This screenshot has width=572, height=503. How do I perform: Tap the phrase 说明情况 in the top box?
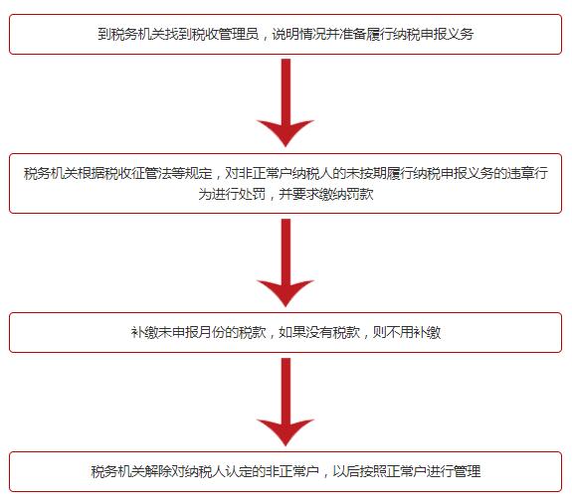point(298,34)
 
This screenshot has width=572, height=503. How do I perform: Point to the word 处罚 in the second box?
point(252,194)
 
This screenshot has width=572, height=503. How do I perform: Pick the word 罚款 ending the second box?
point(360,194)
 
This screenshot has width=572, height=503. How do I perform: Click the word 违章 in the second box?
point(520,173)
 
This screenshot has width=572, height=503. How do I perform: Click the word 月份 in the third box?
point(212,332)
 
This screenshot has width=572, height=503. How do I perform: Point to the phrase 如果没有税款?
point(319,332)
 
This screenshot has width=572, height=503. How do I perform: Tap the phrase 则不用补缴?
point(407,332)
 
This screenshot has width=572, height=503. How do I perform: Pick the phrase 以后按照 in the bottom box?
point(360,471)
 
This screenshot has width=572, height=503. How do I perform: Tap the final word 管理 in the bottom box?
point(468,471)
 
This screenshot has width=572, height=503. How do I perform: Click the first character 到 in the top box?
point(104,34)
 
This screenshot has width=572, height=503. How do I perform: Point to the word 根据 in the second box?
point(91,173)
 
